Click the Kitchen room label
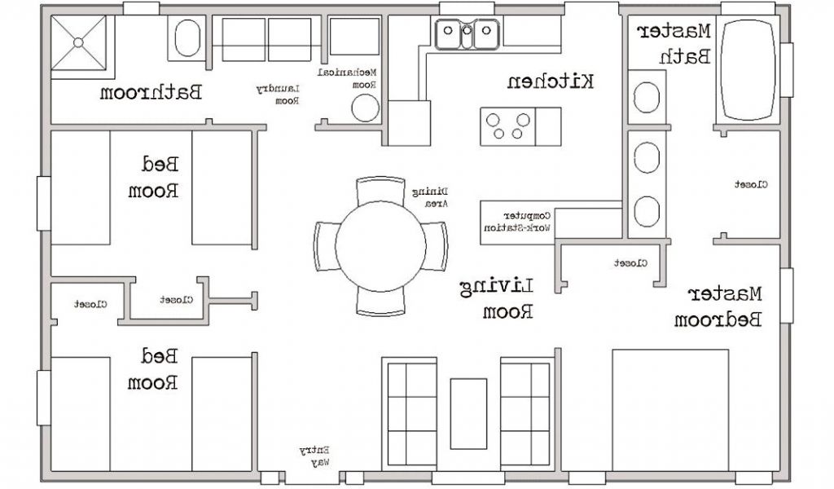click(550, 82)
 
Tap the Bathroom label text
click(151, 93)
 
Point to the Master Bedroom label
click(718, 306)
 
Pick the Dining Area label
click(430, 197)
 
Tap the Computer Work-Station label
click(517, 222)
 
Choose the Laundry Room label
click(279, 95)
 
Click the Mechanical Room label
click(347, 77)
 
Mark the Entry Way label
click(314, 456)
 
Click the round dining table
click(381, 246)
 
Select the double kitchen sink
click(467, 34)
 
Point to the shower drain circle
click(79, 42)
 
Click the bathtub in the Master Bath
click(749, 70)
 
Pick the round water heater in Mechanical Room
click(366, 108)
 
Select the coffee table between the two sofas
click(468, 413)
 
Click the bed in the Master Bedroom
click(670, 410)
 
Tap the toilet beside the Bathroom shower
click(187, 37)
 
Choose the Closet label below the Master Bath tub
click(751, 185)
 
